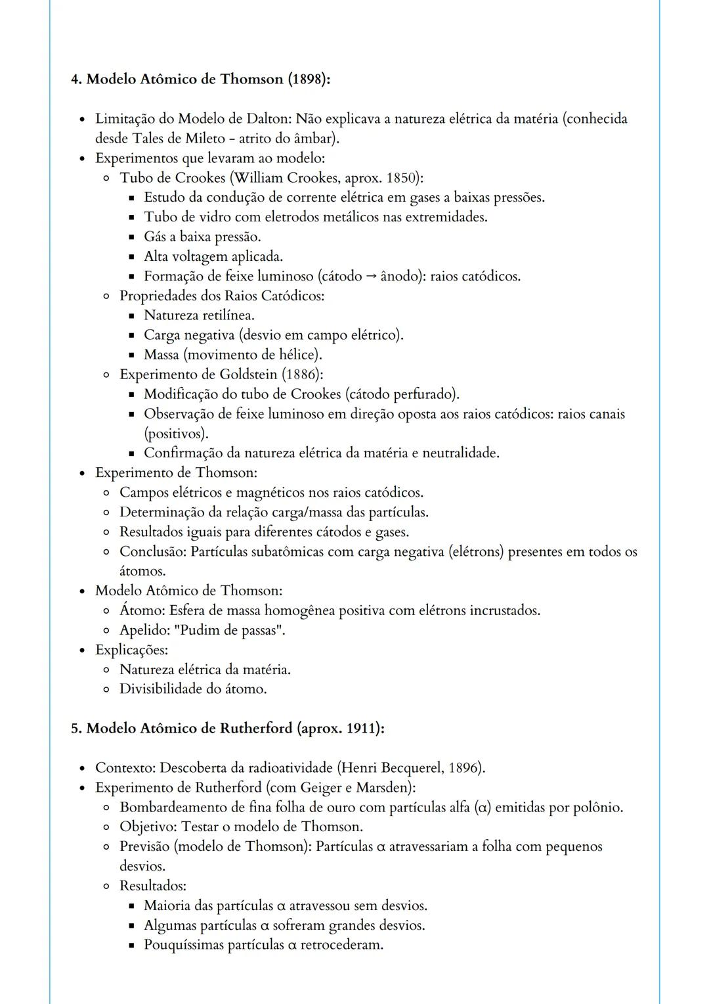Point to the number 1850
point(402,178)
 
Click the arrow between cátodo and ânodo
point(371,277)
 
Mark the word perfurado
point(423,394)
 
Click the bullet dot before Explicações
point(82,650)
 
